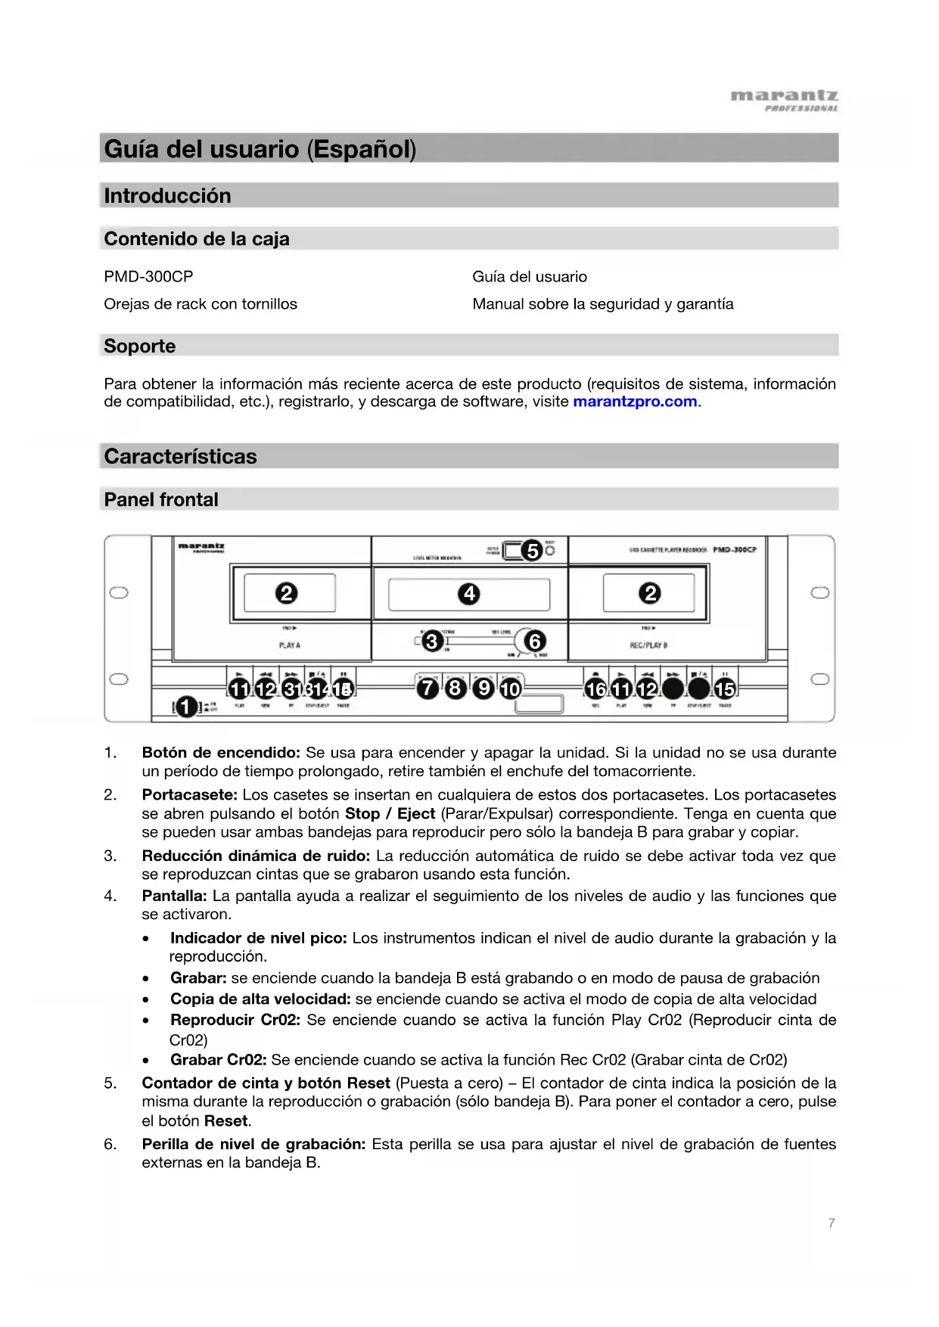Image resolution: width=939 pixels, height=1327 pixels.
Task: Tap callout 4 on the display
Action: pos(469,594)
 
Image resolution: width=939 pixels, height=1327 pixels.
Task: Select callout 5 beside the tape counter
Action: pos(533,550)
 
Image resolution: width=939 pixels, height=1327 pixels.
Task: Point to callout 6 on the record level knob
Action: pos(535,642)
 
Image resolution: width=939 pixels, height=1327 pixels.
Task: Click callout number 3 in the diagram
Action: pos(432,642)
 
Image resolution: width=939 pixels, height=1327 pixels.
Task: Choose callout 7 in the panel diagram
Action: pos(428,688)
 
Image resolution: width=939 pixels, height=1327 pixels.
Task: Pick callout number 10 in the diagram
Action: pos(511,688)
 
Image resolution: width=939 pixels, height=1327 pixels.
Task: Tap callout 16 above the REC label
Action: pos(595,688)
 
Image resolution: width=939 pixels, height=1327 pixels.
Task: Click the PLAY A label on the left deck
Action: pos(289,645)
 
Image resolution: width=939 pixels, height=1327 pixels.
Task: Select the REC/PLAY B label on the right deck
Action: pos(648,645)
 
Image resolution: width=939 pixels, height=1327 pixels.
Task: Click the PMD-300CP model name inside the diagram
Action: pos(734,549)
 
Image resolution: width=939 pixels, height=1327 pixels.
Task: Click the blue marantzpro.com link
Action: pos(635,402)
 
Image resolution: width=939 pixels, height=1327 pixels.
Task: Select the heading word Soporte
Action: pos(140,347)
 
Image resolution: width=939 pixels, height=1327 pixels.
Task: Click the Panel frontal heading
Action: pos(161,500)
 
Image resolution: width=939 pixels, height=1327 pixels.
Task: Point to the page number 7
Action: pos(832,1223)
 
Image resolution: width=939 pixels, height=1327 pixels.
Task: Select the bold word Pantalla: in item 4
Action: pos(174,896)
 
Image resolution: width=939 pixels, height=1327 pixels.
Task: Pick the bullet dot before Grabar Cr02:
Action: pos(146,1061)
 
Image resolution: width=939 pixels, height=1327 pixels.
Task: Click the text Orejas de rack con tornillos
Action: pos(201,304)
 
